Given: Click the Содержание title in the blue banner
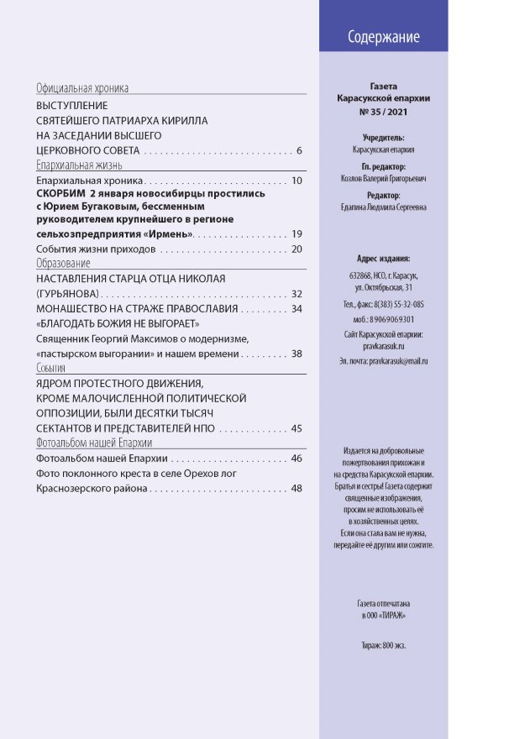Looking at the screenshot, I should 383,37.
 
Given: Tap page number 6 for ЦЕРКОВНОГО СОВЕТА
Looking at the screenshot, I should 299,151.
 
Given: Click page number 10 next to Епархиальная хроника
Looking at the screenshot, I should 296,181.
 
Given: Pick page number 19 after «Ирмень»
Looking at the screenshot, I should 296,233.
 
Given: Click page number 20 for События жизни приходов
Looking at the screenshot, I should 296,249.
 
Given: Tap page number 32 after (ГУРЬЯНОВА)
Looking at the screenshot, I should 296,294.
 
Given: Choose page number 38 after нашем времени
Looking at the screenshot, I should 296,354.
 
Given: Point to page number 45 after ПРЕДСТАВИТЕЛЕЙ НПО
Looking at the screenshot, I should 296,429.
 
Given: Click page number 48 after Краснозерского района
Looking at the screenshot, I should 296,490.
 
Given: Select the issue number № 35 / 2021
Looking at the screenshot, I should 382,111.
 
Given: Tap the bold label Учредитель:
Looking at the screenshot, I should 383,136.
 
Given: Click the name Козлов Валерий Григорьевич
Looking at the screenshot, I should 383,179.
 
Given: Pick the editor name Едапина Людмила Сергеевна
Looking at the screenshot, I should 383,207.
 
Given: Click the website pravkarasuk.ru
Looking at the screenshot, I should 383,345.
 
